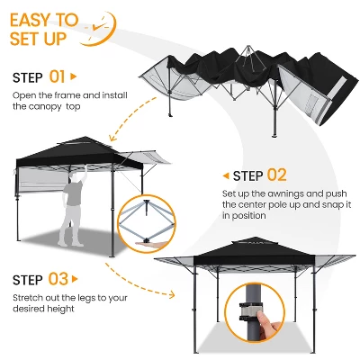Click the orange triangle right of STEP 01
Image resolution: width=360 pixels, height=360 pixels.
coord(74,76)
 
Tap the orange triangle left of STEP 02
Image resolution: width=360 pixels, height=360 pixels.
coord(225,175)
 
